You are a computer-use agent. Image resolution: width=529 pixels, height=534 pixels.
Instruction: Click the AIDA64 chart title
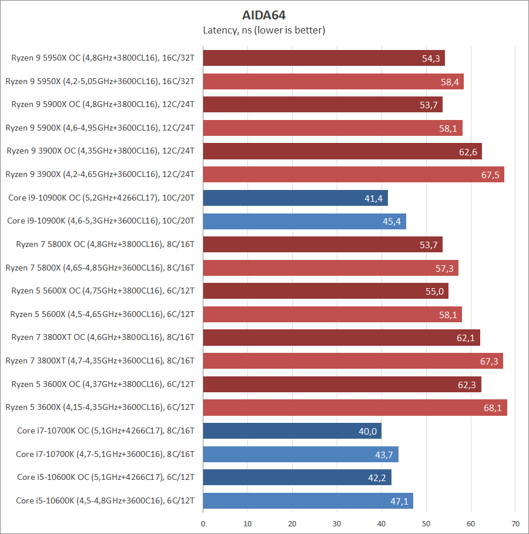point(264,15)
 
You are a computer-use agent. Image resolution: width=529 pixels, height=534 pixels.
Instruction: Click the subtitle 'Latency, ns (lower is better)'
point(264,30)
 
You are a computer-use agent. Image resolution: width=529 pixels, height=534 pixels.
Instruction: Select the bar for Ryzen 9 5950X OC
point(323,58)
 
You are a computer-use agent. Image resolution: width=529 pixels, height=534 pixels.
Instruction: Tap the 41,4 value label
point(373,198)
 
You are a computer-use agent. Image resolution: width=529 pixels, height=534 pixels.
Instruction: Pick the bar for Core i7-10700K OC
point(292,431)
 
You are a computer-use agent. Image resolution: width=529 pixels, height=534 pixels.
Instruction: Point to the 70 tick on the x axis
point(515,523)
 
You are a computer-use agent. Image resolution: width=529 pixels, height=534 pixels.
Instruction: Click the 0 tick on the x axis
point(203,523)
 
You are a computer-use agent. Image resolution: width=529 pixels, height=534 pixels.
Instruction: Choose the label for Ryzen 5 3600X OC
point(103,384)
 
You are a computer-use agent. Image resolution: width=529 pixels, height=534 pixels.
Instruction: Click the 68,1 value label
point(493,408)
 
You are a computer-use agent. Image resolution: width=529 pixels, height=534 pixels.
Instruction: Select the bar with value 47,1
point(307,501)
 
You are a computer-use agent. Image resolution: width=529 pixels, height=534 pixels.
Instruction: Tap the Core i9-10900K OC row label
point(101,198)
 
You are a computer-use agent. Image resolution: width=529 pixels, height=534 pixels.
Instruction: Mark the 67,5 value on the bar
point(490,175)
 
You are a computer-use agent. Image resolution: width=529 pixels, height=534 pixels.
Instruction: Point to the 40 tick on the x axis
point(381,523)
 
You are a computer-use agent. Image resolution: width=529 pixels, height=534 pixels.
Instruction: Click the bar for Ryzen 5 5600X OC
point(325,291)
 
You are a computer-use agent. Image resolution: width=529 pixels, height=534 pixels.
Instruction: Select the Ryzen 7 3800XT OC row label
point(103,338)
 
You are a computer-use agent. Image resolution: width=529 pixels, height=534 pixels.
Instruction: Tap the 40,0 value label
point(367,431)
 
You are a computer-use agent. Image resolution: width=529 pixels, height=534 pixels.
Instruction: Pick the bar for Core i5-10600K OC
point(297,478)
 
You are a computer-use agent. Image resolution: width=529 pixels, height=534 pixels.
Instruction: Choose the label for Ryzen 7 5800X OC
point(103,244)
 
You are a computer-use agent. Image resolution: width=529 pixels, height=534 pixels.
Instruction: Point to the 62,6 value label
point(468,152)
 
